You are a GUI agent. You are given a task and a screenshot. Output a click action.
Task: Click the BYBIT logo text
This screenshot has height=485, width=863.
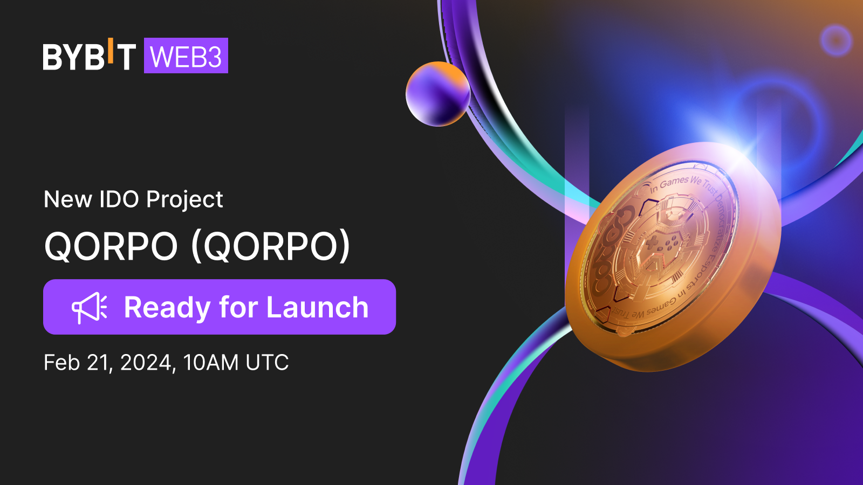click(89, 57)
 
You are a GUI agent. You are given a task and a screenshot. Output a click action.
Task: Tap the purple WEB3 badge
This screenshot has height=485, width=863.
click(186, 56)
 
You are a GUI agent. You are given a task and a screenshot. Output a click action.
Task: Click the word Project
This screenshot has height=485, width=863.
click(184, 200)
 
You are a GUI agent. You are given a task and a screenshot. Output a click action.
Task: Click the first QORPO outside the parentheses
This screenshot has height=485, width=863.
click(111, 246)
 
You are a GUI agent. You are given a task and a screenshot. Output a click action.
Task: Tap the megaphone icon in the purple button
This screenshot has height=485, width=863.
click(90, 308)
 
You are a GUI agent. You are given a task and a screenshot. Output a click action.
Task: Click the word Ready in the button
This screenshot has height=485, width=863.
click(167, 308)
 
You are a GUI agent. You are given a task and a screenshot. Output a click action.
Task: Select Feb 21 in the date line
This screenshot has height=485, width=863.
click(77, 363)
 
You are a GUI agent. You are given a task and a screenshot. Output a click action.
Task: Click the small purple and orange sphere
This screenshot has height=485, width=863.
click(437, 94)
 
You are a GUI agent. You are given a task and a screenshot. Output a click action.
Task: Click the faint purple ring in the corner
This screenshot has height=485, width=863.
click(835, 40)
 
